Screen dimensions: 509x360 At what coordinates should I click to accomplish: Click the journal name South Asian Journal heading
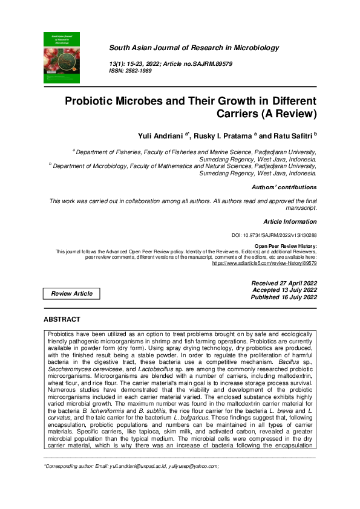coord(194,48)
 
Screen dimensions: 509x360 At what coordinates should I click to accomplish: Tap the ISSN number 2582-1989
coord(139,71)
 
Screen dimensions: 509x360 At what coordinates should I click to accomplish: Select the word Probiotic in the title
coord(93,101)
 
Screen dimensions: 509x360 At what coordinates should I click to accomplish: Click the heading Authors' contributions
coord(284,187)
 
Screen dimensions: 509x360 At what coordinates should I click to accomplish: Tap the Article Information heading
coord(290,222)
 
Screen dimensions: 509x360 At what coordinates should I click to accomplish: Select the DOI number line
coord(274,235)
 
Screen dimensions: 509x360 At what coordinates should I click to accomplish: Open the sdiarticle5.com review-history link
coord(264,264)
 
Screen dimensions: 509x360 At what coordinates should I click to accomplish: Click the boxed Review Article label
coord(71,294)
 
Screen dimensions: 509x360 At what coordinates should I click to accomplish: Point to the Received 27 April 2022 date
coord(284,283)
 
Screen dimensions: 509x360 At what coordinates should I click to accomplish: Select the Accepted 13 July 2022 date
coord(284,290)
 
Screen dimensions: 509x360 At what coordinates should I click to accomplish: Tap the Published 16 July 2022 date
coord(284,297)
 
